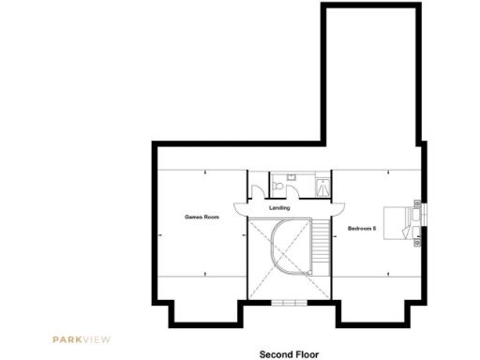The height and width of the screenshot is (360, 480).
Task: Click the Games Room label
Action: coord(202,217)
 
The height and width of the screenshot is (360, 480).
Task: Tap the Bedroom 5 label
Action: coord(362,227)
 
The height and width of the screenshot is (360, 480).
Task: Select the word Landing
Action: coord(278,207)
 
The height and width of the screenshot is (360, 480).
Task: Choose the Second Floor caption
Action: coord(289,354)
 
